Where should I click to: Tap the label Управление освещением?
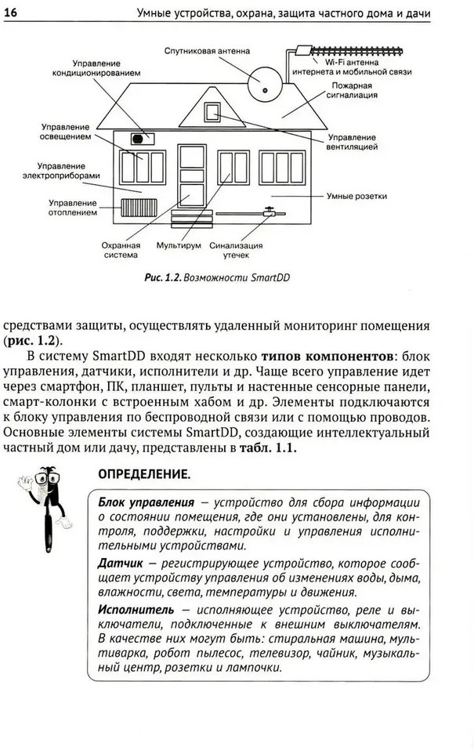coord(65,130)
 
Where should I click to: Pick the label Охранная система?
coord(120,250)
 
